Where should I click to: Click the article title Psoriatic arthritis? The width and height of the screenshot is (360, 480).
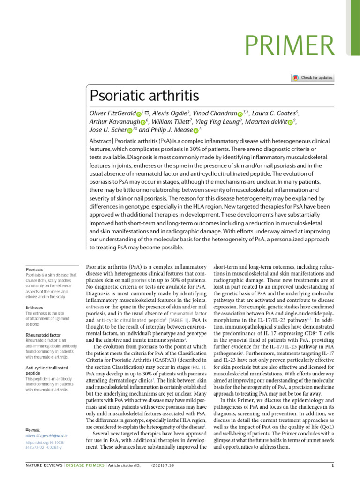(x=144, y=96)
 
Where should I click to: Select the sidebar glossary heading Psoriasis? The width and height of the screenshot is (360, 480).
(x=34, y=270)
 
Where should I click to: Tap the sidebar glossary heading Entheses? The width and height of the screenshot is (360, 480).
(x=34, y=307)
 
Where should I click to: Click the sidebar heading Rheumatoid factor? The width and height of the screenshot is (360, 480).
(x=43, y=335)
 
